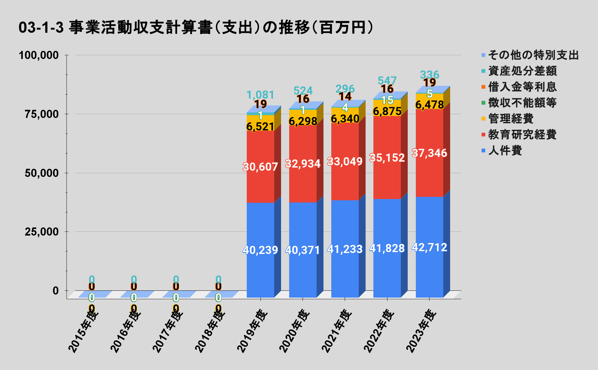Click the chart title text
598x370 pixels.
[x=196, y=27]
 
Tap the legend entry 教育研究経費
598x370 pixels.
[x=522, y=135]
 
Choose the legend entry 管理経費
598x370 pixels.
[x=511, y=119]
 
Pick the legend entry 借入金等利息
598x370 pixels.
[x=522, y=87]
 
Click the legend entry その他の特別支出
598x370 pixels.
[x=533, y=55]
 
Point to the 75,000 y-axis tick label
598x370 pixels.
[x=42, y=114]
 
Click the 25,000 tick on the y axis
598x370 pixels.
[x=42, y=232]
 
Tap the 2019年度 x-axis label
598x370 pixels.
[x=253, y=331]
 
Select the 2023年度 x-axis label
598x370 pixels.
[x=421, y=331]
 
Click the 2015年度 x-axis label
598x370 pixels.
[x=83, y=331]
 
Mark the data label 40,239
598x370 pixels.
[x=260, y=250]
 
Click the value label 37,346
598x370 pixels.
[x=429, y=153]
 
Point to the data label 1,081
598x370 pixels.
[x=260, y=95]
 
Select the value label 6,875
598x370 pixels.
[x=387, y=111]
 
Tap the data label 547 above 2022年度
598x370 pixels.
[x=387, y=80]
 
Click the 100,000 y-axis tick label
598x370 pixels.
[x=39, y=55]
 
